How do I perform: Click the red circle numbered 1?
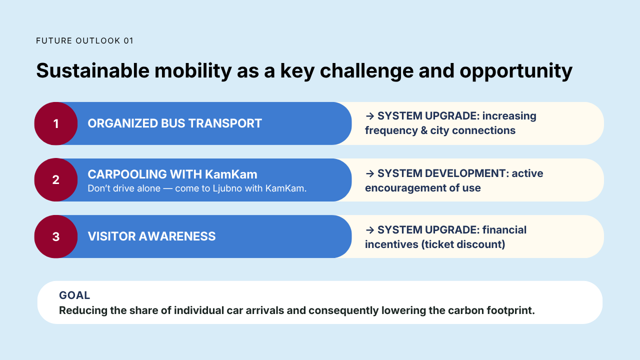56,123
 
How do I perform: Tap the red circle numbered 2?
56,179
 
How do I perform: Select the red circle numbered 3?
56,236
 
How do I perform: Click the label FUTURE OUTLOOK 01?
84,41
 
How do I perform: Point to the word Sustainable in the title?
93,70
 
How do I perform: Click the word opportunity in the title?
516,71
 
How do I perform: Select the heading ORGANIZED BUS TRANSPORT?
174,123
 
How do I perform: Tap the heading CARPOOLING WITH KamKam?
172,174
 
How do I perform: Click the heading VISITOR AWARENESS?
151,236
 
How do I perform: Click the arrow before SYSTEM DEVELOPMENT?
370,173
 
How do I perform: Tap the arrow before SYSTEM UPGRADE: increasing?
370,116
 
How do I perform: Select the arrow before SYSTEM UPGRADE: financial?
370,230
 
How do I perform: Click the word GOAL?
74,295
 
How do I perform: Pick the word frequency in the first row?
391,131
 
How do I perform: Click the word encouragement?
404,188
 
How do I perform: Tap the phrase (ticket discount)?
463,244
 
